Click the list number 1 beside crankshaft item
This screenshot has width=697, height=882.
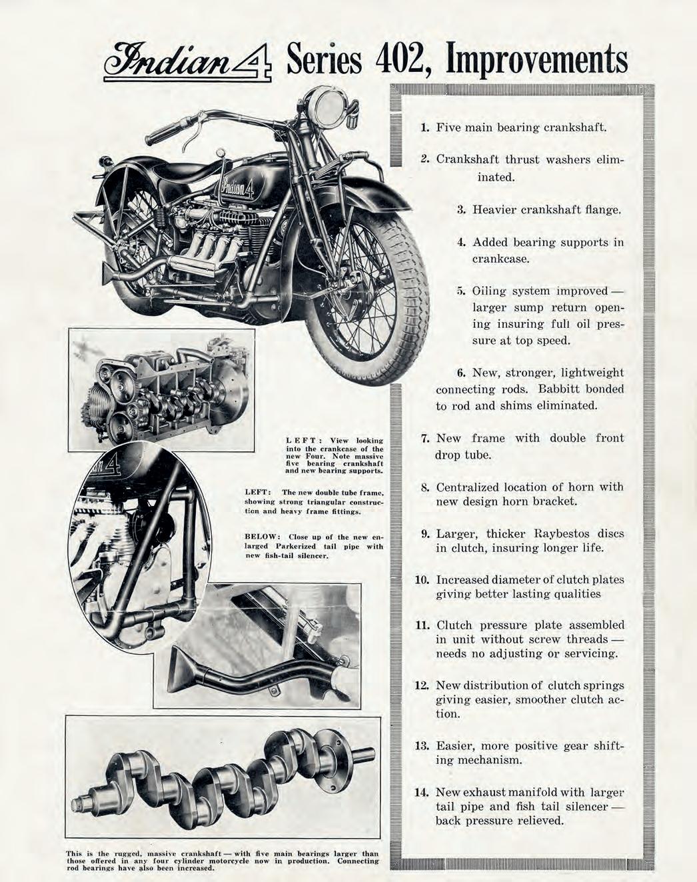(x=424, y=127)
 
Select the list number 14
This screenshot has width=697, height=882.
(x=420, y=793)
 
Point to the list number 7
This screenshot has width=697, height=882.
(x=424, y=439)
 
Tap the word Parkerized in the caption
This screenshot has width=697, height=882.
(x=295, y=547)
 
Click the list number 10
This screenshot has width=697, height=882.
(x=421, y=579)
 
